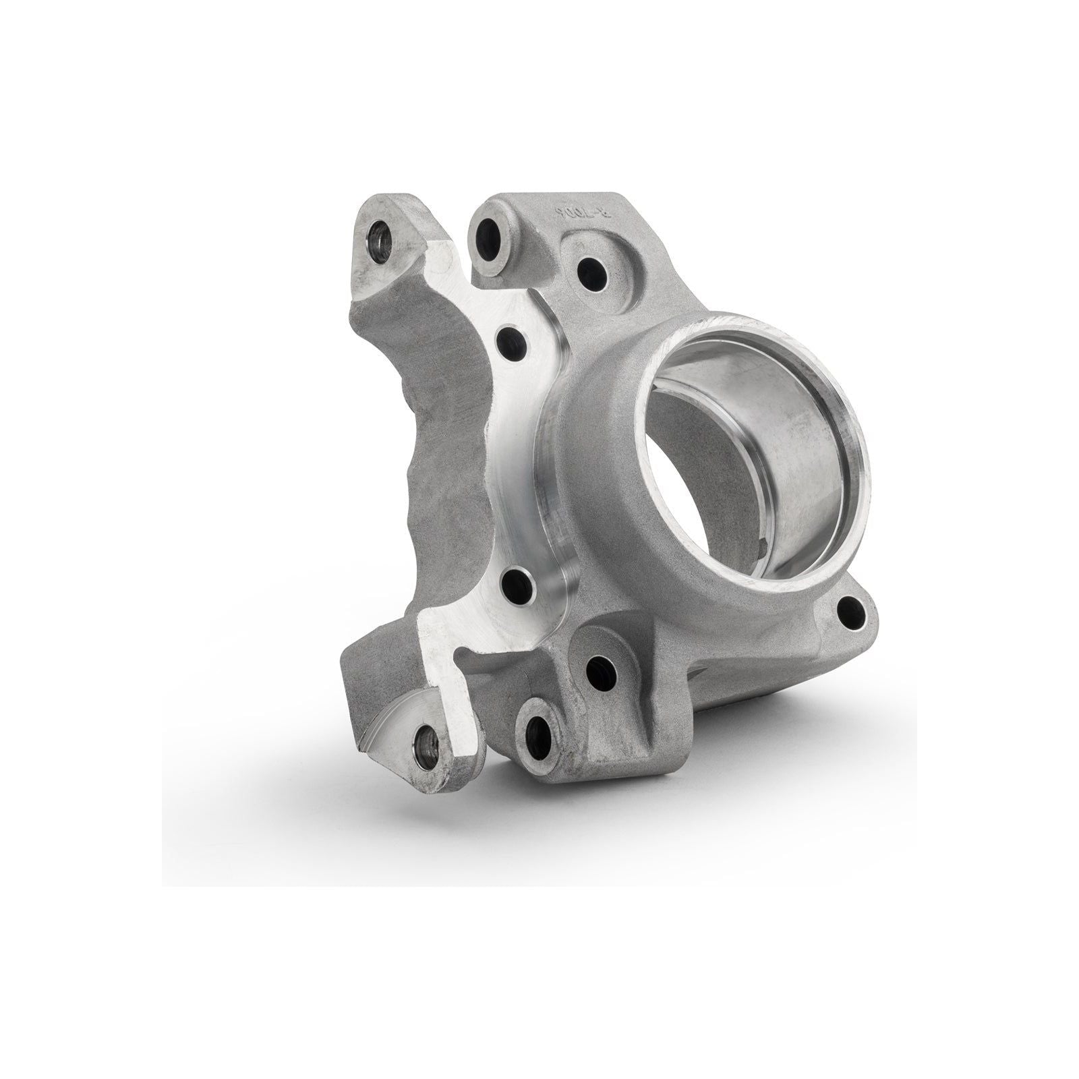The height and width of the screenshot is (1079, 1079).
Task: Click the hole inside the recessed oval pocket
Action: tap(591, 269)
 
